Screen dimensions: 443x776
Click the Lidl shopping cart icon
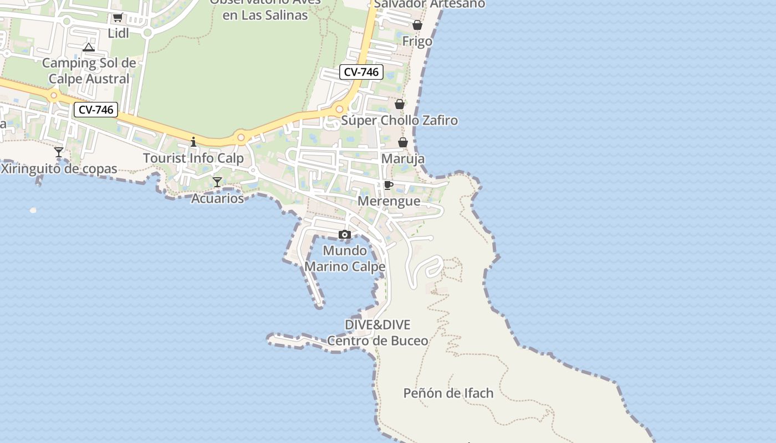tap(118, 18)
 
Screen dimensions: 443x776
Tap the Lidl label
tap(118, 33)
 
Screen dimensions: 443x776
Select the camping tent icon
tap(89, 47)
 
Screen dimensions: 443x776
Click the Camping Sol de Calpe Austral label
tap(89, 71)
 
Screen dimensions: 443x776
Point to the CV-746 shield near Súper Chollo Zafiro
tap(361, 72)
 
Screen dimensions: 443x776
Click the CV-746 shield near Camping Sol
tap(96, 110)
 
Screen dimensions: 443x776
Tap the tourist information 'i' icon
tap(193, 142)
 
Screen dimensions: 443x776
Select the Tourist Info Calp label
tap(193, 158)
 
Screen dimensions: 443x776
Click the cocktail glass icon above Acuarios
tap(217, 182)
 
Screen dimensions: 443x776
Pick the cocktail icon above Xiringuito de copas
tap(59, 152)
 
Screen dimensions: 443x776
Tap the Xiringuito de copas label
tap(59, 169)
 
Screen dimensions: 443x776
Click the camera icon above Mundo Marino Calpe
tap(345, 235)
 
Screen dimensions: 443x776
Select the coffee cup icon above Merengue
tap(389, 185)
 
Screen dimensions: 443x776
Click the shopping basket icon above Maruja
tap(403, 143)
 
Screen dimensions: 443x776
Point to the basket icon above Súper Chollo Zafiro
tap(400, 104)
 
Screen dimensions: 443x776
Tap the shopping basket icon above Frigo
tap(417, 25)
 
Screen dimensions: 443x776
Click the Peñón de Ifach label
tap(448, 393)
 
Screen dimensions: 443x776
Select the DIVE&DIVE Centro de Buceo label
tap(377, 332)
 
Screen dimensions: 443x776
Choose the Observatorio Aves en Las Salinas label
tap(265, 8)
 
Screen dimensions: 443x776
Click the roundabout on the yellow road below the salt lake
tap(241, 137)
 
